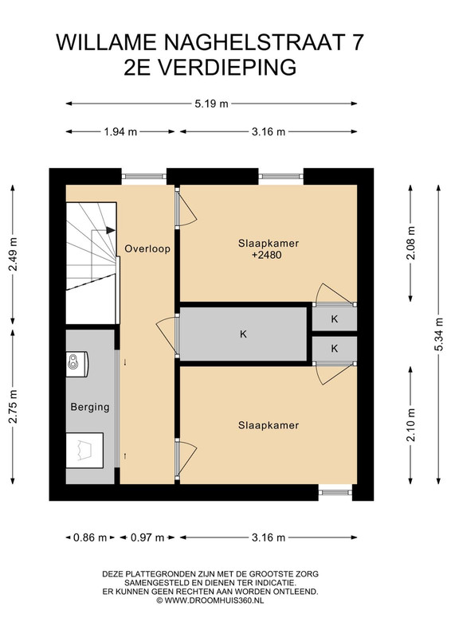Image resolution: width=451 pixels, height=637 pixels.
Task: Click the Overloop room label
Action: point(147,248)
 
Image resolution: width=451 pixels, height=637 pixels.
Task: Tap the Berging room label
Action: point(90,407)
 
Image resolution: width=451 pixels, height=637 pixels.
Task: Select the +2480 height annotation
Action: point(267,255)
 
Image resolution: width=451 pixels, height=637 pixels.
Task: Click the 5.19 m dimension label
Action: point(211,104)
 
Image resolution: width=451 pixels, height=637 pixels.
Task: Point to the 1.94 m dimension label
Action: point(120,131)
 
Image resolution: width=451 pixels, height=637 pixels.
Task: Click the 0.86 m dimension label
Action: point(90,537)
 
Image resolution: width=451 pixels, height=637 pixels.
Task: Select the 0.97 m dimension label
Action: point(147,537)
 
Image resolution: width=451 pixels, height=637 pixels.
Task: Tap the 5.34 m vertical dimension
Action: point(439,334)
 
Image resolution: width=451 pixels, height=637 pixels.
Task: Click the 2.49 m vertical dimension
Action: point(14,254)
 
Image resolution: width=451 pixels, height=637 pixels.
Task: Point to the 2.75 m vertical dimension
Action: point(14,407)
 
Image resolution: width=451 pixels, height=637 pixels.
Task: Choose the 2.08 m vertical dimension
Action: point(411,243)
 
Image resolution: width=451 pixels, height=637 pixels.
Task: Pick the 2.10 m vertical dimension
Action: point(411,424)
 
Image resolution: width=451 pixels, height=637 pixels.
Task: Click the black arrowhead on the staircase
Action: point(110,230)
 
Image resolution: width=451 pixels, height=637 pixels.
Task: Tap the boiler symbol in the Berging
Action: point(77,361)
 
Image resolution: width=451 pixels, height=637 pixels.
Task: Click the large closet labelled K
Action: point(243,334)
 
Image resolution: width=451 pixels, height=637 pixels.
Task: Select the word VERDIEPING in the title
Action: point(227,67)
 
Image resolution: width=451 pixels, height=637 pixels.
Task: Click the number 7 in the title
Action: point(357,42)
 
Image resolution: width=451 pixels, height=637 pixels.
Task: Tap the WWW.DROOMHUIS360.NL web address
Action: point(214,600)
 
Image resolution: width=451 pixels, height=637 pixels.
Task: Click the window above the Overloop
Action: point(144,176)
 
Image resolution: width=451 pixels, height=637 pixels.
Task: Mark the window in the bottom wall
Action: point(335,492)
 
